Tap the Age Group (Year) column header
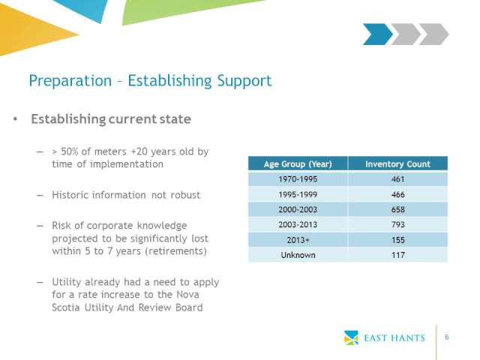coord(298,164)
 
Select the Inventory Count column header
coord(397,164)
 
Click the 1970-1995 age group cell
coord(298,179)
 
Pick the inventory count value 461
coord(398,179)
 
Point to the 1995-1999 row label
coord(298,194)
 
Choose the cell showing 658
coord(398,209)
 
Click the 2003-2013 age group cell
coord(298,225)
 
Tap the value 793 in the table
coord(398,225)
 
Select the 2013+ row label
coord(298,240)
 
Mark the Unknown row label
coord(298,255)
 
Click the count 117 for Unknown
coord(398,255)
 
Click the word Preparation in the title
coord(70,81)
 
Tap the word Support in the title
coord(244,81)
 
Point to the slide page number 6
coord(447,337)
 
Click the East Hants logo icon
coord(351,337)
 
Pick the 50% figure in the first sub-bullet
coord(70,151)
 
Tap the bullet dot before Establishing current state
coord(15,119)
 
